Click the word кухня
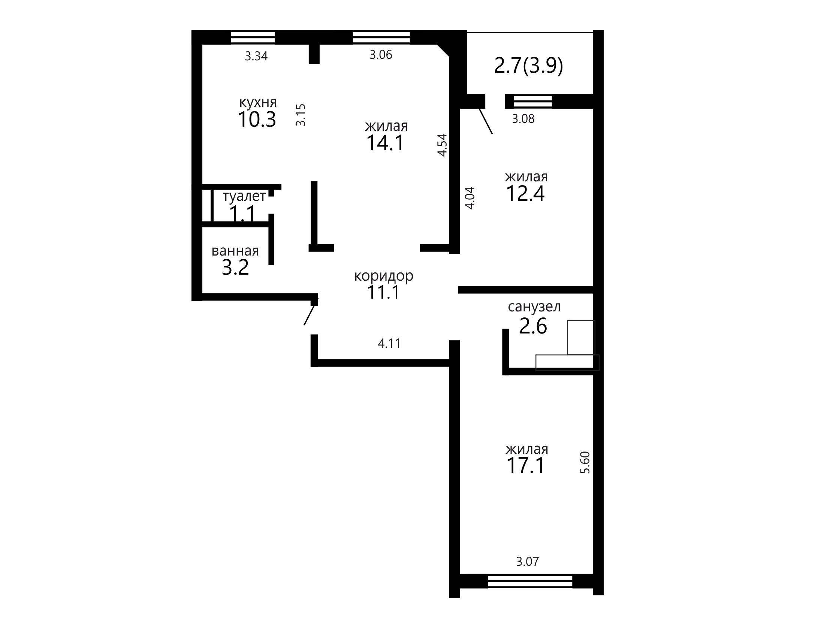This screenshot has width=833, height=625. (258, 102)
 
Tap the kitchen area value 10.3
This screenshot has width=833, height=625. (257, 120)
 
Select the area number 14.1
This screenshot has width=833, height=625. (385, 143)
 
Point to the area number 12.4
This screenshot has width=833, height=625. (525, 194)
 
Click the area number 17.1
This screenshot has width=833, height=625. (526, 465)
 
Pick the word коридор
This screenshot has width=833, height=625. (384, 276)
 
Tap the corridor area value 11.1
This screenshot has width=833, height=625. (383, 292)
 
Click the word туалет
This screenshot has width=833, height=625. (244, 196)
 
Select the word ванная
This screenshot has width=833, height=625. (235, 251)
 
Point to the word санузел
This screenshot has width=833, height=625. (534, 307)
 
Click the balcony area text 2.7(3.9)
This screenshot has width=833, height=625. (528, 66)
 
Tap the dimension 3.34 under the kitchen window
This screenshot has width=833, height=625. (256, 56)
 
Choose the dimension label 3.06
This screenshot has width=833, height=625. (381, 55)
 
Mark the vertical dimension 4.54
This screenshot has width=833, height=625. (442, 145)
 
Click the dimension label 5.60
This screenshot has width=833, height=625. (585, 462)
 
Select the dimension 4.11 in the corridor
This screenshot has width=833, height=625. (389, 343)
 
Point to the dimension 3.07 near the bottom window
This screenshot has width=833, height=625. (527, 562)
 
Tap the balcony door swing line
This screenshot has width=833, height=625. (486, 121)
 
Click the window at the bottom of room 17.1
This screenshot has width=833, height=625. (530, 581)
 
